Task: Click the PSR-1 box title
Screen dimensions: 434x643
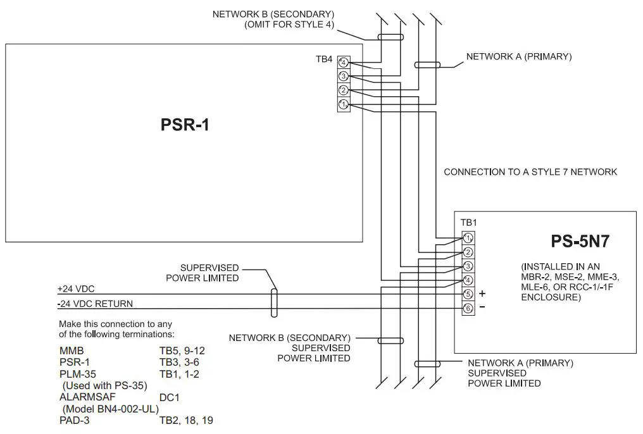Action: [184, 125]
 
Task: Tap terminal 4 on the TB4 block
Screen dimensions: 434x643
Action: [343, 63]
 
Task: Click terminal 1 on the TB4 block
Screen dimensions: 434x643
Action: [343, 104]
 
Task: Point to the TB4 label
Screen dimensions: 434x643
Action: [324, 59]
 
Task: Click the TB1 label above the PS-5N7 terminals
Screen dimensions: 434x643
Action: [468, 223]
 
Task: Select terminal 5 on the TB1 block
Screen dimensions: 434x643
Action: [468, 294]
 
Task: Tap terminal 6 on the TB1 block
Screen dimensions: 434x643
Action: [468, 308]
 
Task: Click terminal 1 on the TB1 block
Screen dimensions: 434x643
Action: [468, 238]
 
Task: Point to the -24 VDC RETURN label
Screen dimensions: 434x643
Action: [95, 304]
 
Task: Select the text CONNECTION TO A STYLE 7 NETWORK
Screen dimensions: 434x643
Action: [530, 172]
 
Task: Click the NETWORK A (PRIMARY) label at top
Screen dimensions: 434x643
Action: [518, 56]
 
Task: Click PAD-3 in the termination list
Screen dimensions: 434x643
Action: [74, 419]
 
